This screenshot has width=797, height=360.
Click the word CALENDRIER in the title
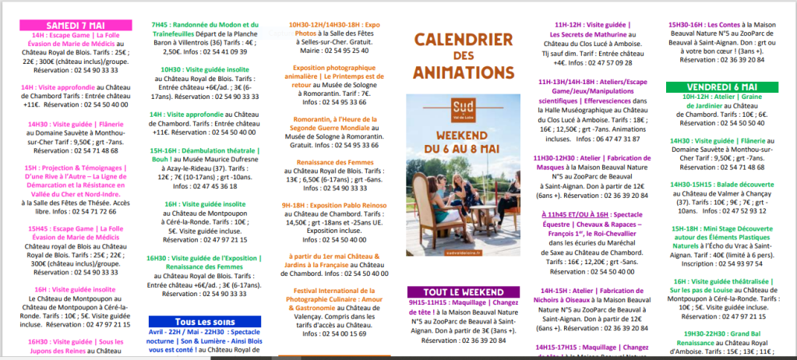(x=463, y=39)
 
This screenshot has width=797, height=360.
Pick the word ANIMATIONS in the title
(x=463, y=72)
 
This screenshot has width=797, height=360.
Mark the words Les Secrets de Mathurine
(x=591, y=34)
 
